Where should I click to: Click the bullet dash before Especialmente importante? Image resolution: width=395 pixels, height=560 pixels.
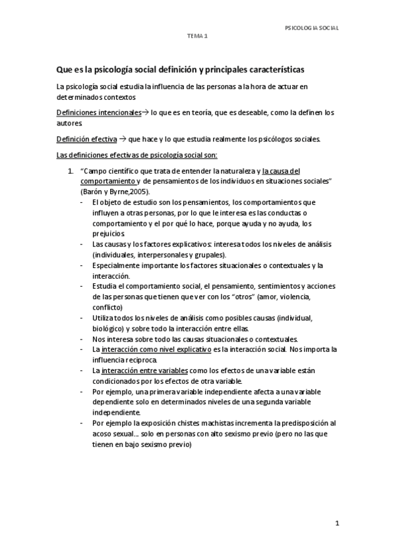[x=81, y=266]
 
